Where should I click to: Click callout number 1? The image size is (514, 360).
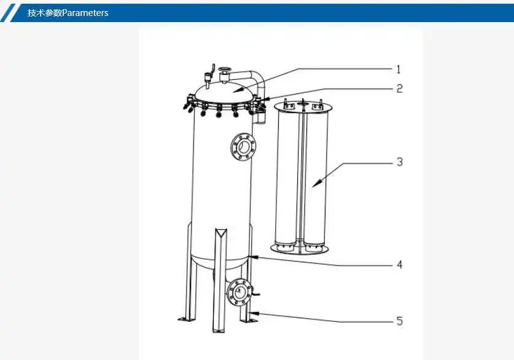[x=398, y=69]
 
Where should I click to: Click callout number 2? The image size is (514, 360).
[x=399, y=88]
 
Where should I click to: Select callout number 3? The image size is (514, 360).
[x=399, y=162]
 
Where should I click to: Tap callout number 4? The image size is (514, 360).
[x=399, y=265]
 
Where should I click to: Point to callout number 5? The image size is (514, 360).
[x=399, y=321]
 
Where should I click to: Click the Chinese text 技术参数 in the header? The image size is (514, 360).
[x=44, y=12]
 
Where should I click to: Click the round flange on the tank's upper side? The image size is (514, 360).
[x=243, y=146]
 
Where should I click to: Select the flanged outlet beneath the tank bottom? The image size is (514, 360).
[x=238, y=291]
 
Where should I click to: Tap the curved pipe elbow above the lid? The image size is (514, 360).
[x=252, y=77]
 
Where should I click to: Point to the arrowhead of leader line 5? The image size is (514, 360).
[x=254, y=313]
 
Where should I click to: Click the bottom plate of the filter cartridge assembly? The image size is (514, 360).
[x=300, y=249]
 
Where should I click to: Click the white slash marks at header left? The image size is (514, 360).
[x=10, y=12]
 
